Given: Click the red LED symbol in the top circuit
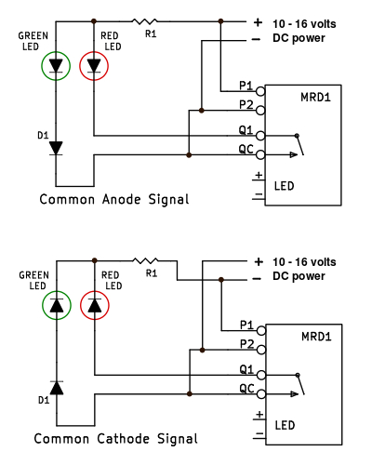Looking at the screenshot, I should (95, 66).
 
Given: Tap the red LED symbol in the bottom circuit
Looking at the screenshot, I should (95, 304).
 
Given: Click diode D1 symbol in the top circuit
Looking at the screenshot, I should (56, 147).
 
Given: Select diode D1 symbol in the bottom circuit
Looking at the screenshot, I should (56, 387).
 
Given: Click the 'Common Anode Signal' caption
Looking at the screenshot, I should (114, 199).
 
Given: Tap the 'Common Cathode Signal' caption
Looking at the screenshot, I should (116, 438).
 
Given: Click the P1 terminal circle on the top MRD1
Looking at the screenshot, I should (260, 91).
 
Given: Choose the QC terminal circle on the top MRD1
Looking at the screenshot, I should (260, 154).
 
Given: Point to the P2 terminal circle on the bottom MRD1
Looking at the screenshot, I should (260, 352).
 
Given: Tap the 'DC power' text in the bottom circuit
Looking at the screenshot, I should (299, 276).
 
